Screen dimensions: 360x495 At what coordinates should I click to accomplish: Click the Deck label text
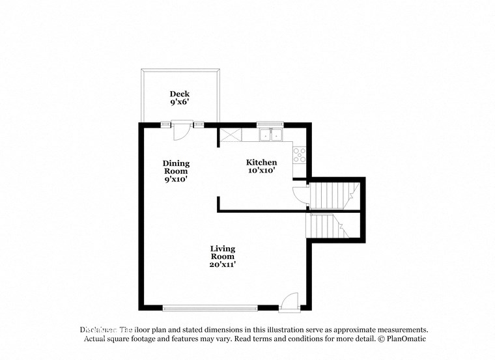(x=180, y=94)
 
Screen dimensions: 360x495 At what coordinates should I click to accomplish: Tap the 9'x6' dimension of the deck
(x=180, y=102)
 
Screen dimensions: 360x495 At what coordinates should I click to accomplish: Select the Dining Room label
(x=176, y=167)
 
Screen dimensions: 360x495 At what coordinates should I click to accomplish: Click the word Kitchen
(x=261, y=162)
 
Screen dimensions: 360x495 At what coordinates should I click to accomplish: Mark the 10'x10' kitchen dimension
(x=261, y=171)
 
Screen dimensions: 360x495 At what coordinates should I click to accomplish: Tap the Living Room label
(x=223, y=253)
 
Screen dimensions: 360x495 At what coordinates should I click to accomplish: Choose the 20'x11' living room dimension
(x=223, y=264)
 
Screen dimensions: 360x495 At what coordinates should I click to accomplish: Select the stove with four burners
(x=299, y=154)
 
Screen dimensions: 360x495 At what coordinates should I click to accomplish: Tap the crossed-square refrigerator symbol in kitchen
(x=230, y=135)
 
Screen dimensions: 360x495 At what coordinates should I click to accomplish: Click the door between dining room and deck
(x=182, y=130)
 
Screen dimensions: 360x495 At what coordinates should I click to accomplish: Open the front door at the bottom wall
(x=289, y=302)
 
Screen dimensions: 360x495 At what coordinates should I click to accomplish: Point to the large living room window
(x=210, y=308)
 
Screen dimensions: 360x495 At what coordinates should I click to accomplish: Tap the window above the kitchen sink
(x=270, y=124)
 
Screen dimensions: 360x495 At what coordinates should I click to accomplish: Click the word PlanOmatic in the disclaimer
(x=404, y=339)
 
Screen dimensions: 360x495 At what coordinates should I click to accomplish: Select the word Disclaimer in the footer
(x=98, y=330)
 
